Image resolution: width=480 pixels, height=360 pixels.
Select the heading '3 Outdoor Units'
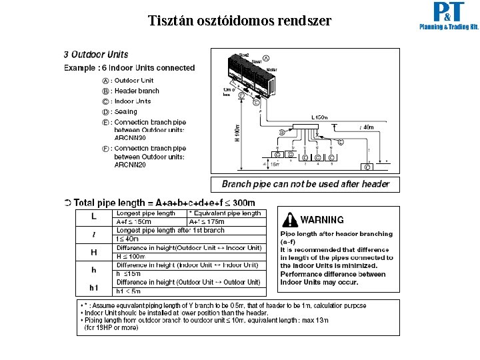coord(96,55)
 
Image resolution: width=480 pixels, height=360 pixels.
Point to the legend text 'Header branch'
coord(137,91)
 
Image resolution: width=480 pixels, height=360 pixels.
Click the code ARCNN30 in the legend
coord(130,137)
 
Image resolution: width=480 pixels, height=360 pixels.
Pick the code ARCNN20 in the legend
coord(130,165)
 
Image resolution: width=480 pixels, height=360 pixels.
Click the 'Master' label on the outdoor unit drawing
coord(272,69)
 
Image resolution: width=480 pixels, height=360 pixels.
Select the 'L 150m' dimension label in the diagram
coord(320,117)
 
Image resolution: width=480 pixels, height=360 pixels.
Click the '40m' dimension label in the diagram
coord(366,127)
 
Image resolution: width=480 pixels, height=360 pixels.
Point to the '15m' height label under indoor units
coord(274,164)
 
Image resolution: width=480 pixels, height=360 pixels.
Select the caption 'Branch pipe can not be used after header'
coord(305,184)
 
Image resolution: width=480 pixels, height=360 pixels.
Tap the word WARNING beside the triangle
coord(323,219)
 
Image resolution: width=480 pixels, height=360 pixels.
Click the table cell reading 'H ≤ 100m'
coord(132,256)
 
